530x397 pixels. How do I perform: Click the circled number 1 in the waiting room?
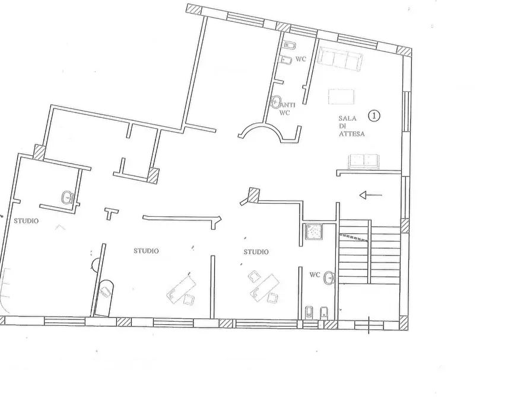374,116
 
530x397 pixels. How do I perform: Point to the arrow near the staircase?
371,194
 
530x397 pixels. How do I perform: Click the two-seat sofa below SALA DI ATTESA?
363,161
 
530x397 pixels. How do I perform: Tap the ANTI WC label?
283,108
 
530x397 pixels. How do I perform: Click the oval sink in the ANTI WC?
276,102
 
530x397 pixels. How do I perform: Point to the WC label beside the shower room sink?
315,275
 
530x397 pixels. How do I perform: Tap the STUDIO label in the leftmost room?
26,221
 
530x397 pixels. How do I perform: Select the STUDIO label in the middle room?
146,251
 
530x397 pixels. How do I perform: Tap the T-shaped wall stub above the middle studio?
111,212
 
